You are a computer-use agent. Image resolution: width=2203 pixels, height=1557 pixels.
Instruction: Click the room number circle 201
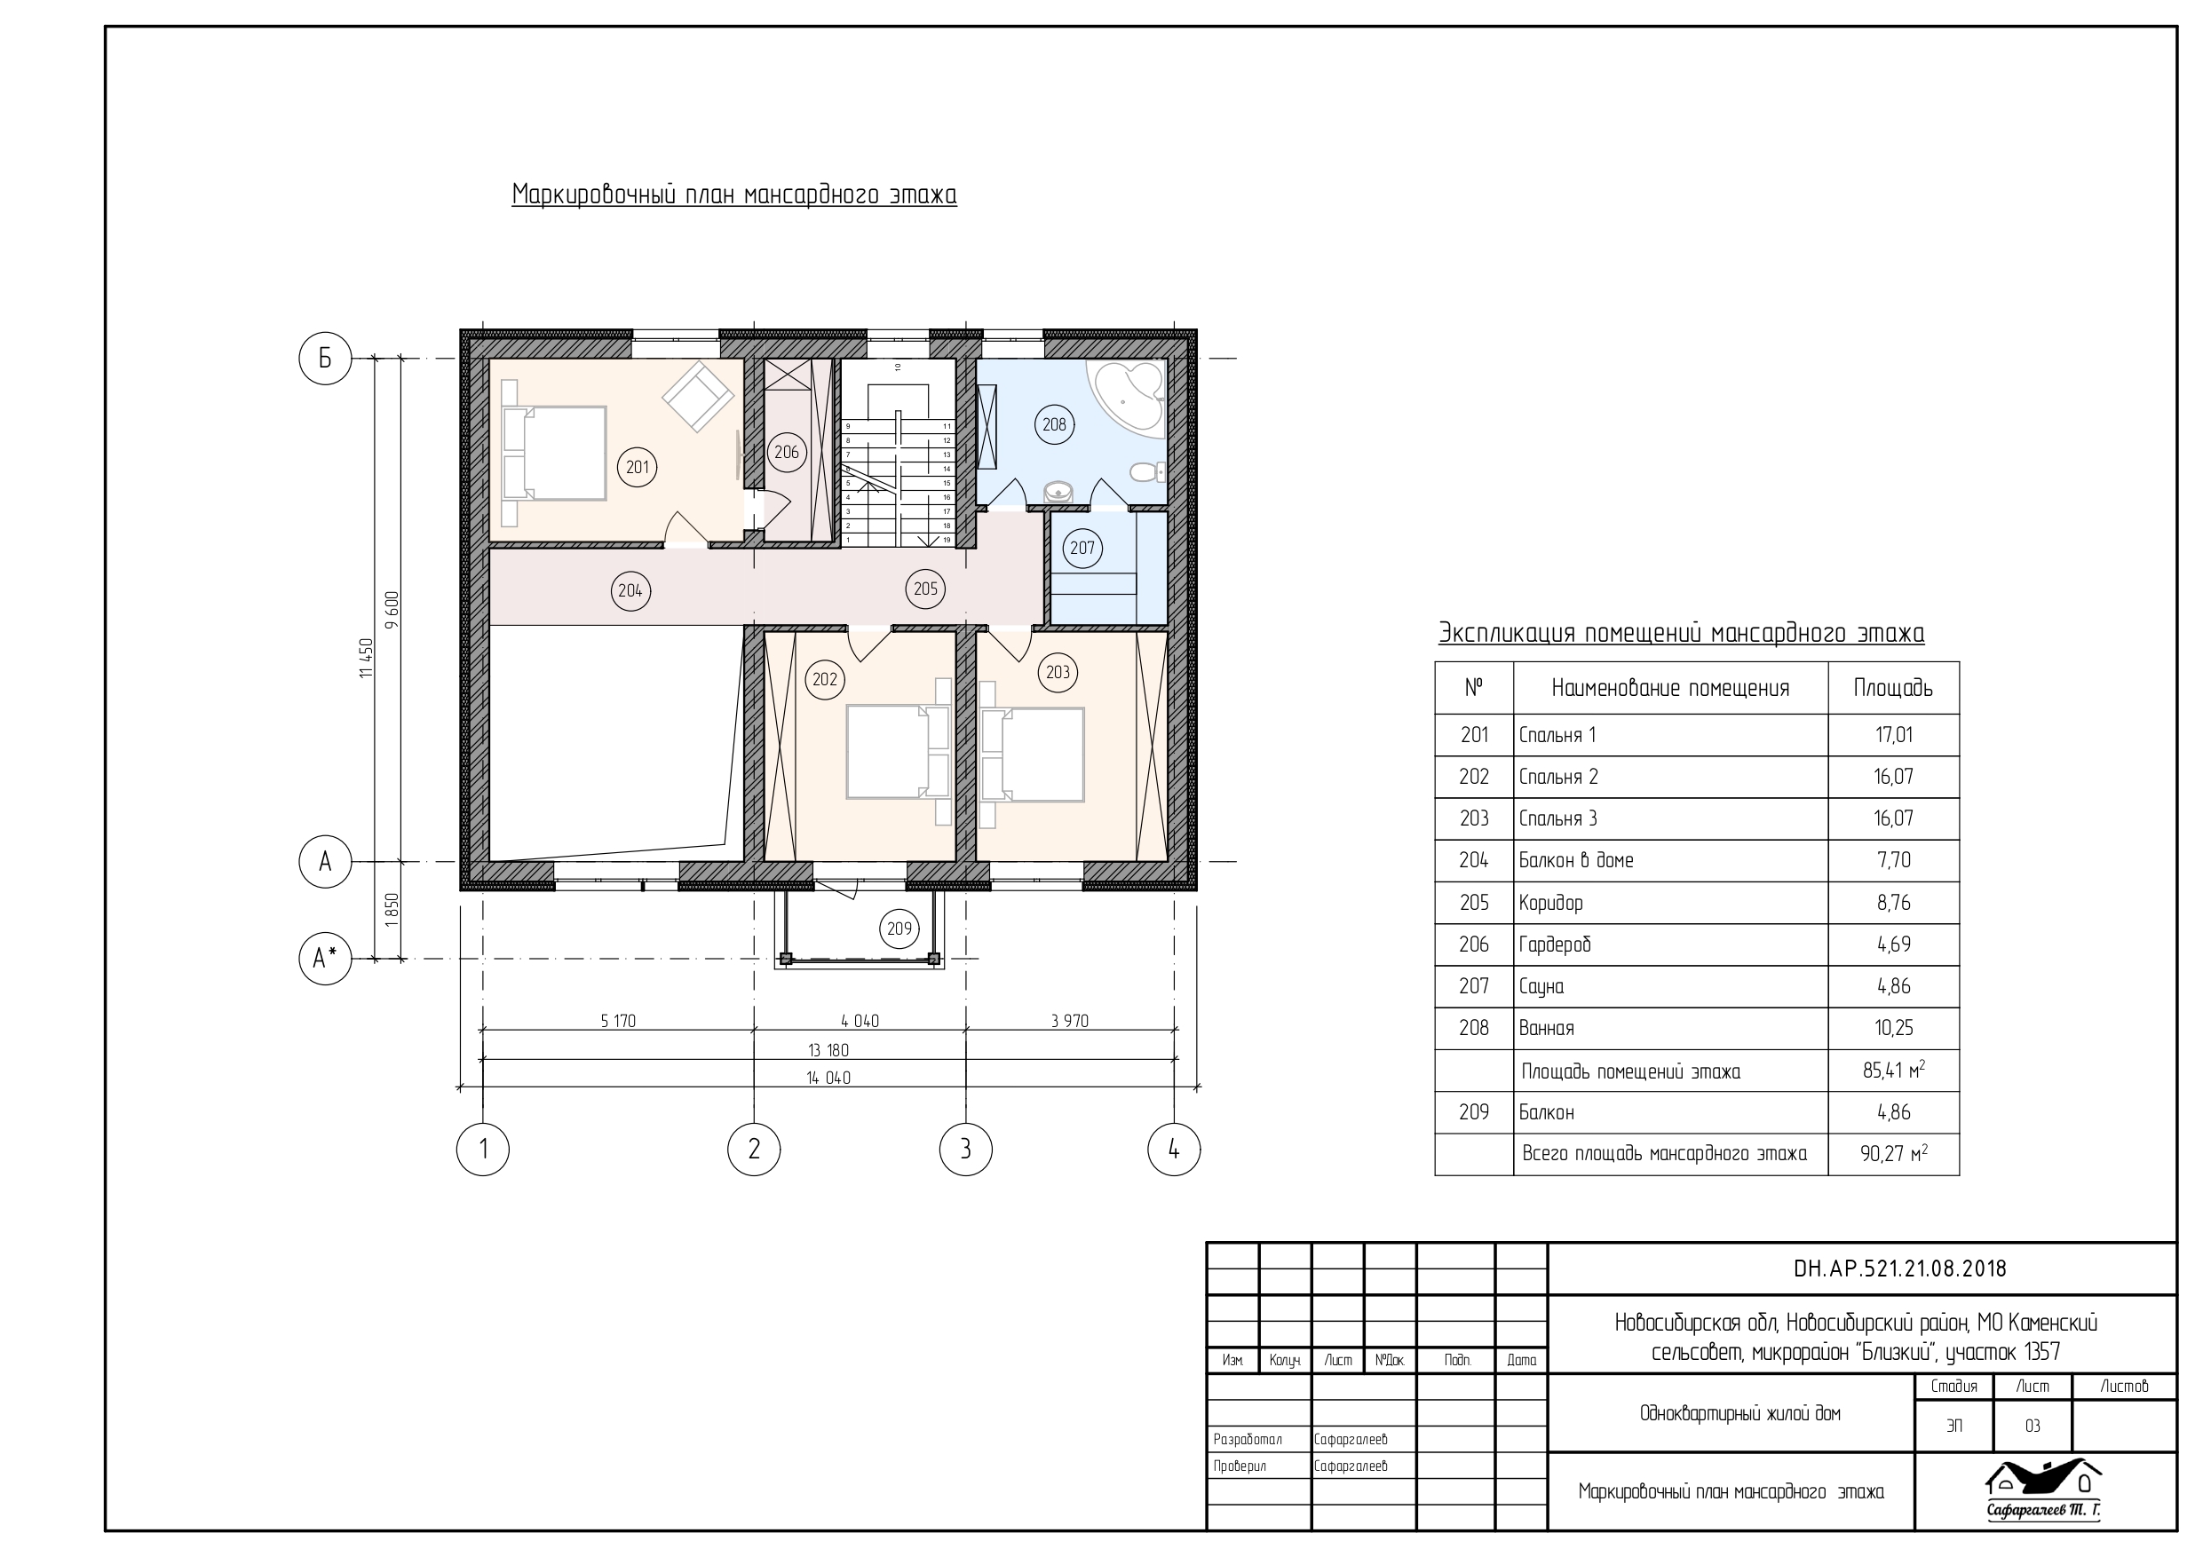[x=638, y=467]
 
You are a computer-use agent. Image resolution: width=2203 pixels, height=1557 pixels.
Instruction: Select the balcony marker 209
[x=899, y=928]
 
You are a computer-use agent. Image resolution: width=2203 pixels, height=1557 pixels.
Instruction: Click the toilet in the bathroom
[x=1145, y=472]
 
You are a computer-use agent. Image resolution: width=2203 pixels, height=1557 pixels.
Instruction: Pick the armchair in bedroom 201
[x=698, y=398]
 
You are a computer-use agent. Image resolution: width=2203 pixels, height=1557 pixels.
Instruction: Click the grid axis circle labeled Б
[x=325, y=358]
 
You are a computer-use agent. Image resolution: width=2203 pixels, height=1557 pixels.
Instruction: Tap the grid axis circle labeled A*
[x=325, y=958]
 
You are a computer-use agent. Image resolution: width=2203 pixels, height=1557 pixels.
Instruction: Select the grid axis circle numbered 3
[x=965, y=1149]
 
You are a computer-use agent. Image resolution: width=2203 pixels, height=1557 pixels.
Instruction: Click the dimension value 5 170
[x=618, y=1021]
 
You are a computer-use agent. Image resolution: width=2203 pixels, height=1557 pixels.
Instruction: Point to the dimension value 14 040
[x=828, y=1078]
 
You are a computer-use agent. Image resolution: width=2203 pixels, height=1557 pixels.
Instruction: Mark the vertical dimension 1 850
[x=392, y=910]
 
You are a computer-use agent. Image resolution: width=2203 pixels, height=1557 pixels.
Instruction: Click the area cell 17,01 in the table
[x=1893, y=735]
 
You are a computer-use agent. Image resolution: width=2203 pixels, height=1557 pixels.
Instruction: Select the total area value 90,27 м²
[x=1893, y=1153]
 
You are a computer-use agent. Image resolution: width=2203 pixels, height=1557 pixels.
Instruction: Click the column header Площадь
[x=1893, y=688]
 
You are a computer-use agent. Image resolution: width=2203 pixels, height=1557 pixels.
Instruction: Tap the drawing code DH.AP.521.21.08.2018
[x=1900, y=1269]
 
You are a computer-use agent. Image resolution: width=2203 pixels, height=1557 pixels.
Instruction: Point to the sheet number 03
[x=2033, y=1427]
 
